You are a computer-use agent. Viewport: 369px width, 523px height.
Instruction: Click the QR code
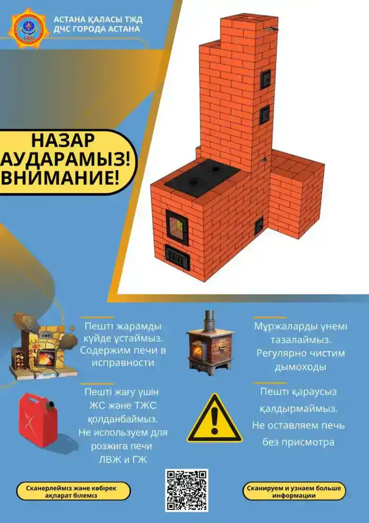pos(187,490)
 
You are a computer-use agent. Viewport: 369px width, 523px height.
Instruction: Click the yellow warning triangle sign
pos(214,419)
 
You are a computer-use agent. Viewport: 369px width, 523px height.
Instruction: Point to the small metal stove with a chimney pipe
pos(210,342)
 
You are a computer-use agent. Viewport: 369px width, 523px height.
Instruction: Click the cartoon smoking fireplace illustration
pos(41,343)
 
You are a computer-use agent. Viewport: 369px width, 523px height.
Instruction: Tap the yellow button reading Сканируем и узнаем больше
pos(294,491)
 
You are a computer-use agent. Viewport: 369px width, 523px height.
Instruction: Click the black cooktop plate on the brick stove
pos(202,177)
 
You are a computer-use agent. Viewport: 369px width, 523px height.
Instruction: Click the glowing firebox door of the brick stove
pos(177,227)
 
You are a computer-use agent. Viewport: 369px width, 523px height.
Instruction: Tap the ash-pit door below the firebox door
pos(177,256)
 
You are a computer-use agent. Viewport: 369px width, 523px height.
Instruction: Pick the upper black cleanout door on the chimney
pos(265,79)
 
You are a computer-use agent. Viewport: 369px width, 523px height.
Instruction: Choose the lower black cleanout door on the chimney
pos(264,114)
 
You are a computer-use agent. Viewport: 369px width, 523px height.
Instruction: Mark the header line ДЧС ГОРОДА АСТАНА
pos(97,29)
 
